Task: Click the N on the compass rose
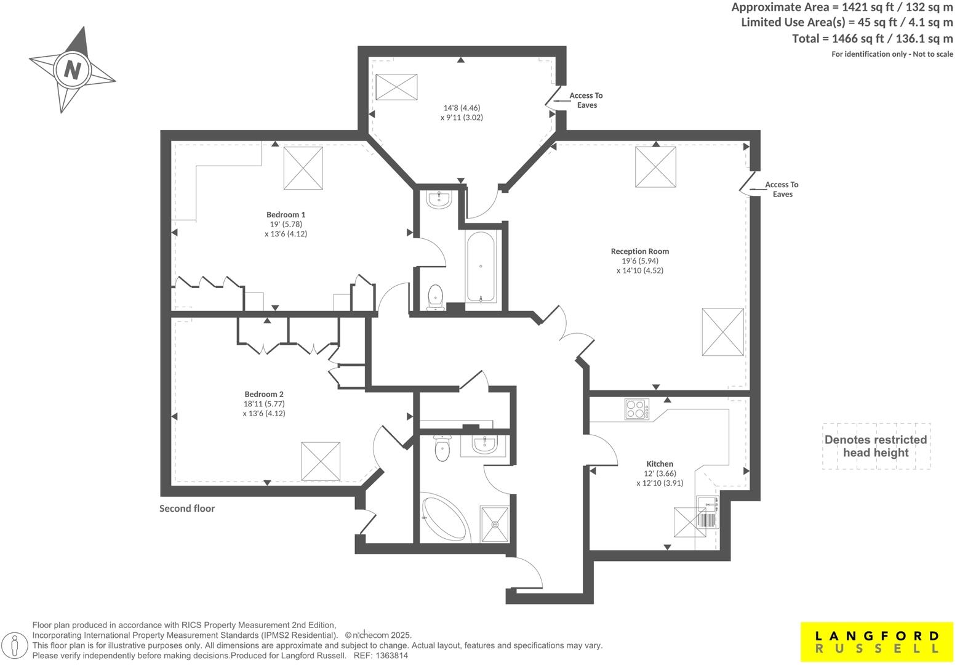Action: (73, 69)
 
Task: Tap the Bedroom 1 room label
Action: (286, 215)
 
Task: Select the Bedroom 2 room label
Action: (264, 395)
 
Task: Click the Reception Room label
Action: (639, 251)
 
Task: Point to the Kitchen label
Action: (659, 464)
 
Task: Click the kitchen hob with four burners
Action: (637, 409)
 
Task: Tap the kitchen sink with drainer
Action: (708, 512)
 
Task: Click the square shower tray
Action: (495, 524)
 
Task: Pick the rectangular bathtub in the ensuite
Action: (481, 267)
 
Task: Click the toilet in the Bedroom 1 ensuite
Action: (436, 296)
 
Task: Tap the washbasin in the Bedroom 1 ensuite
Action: (439, 199)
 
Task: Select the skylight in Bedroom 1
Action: (303, 168)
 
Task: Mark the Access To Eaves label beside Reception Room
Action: (782, 190)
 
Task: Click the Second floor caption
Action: (187, 509)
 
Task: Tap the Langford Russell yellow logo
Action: (877, 642)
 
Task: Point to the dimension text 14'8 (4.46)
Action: (462, 108)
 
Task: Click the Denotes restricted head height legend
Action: (876, 446)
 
